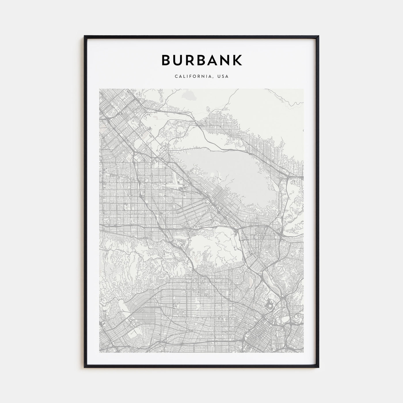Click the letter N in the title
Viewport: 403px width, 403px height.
(x=227, y=60)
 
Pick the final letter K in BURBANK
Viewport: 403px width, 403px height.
(x=238, y=60)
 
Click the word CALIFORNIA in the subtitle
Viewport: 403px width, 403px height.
(x=189, y=77)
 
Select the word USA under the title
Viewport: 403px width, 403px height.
(x=223, y=77)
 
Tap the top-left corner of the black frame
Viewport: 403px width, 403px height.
(x=85, y=36)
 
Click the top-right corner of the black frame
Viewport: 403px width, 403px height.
(x=318, y=36)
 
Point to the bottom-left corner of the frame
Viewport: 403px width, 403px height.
(x=85, y=367)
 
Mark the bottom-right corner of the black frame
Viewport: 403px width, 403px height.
(x=318, y=367)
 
